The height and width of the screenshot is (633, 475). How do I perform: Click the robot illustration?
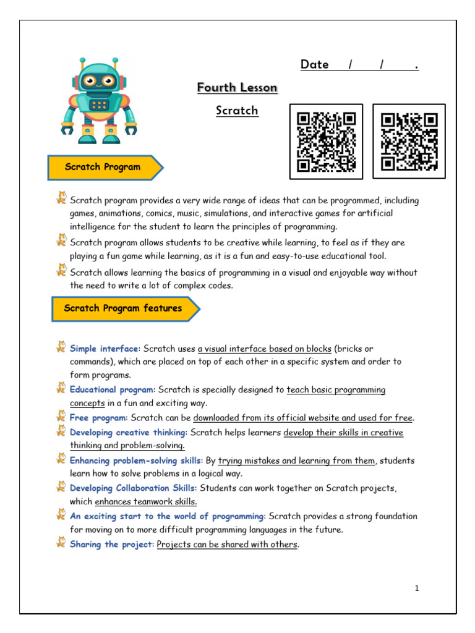point(99,101)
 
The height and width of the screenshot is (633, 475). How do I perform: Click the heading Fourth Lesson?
point(237,88)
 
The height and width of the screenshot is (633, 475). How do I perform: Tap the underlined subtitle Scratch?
point(237,111)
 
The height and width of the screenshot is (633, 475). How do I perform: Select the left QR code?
point(326,142)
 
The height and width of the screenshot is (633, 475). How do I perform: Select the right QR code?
point(409,142)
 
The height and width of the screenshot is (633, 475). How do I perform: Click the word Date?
point(315,65)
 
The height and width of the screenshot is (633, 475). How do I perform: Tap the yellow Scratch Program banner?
point(104,167)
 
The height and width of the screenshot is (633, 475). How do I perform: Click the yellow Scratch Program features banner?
point(124,308)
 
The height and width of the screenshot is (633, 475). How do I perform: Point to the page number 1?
point(417,588)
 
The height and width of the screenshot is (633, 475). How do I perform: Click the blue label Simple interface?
point(104,349)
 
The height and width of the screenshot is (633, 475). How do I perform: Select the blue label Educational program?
point(111,390)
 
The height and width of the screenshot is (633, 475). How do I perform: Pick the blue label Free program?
point(98,418)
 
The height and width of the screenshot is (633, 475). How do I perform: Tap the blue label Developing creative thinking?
point(127,433)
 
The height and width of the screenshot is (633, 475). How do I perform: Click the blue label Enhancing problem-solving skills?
point(136,461)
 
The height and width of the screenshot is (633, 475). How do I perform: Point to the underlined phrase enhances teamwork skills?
point(146,502)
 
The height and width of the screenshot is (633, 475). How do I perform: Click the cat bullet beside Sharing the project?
point(61,542)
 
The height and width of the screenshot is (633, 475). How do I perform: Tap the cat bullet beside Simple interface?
point(61,347)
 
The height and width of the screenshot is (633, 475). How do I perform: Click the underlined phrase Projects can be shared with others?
point(227,545)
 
